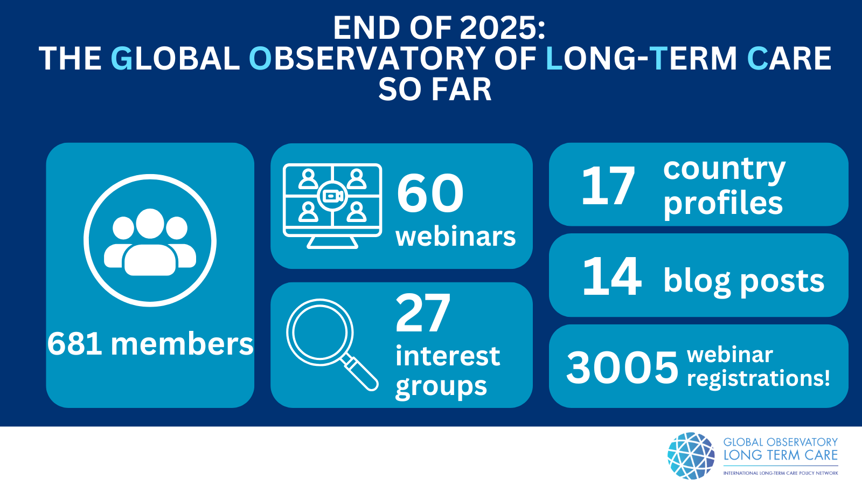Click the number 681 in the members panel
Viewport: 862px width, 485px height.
click(75, 344)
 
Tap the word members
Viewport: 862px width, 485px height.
click(182, 344)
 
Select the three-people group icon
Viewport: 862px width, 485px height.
click(150, 242)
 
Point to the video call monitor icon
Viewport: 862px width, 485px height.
click(332, 206)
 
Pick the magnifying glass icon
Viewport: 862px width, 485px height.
click(332, 344)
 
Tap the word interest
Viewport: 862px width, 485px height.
click(448, 356)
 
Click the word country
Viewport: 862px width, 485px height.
click(724, 170)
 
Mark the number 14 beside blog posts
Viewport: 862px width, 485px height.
click(612, 276)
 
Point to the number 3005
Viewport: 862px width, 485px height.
click(622, 367)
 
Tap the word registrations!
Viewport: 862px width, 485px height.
click(759, 378)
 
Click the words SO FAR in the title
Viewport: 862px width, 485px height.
click(435, 89)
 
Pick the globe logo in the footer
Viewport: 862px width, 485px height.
click(691, 455)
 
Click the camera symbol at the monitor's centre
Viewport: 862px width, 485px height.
click(332, 196)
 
